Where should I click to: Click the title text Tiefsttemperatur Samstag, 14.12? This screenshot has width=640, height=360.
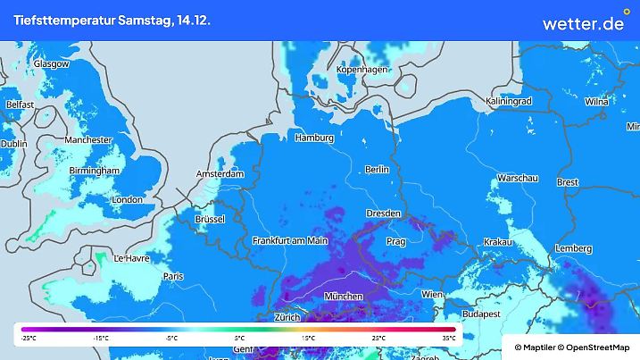pos(112,20)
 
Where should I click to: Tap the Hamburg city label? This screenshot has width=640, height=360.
pos(313,138)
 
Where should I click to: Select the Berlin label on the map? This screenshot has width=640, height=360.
pos(378,169)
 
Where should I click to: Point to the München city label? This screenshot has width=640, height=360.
pos(343,297)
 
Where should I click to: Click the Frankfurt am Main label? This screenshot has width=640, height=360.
pos(290,241)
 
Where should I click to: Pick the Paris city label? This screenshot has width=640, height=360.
pos(173,277)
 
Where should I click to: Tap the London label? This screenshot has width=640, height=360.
pos(127,200)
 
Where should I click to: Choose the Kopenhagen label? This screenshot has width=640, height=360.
pos(362,70)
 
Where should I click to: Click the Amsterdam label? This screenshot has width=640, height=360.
pos(220,174)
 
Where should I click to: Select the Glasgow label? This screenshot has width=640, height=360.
pos(51,64)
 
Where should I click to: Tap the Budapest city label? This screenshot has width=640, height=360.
pos(486,314)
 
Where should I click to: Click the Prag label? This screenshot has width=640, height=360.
pos(397,242)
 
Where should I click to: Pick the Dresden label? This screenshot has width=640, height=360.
pos(385,213)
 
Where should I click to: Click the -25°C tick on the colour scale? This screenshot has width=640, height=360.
pos(29,339)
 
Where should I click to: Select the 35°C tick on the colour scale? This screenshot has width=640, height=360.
pos(449,339)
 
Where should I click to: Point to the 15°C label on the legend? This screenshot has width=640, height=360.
pos(309,339)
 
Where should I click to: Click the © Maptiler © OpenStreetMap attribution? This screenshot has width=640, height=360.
pos(571,347)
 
